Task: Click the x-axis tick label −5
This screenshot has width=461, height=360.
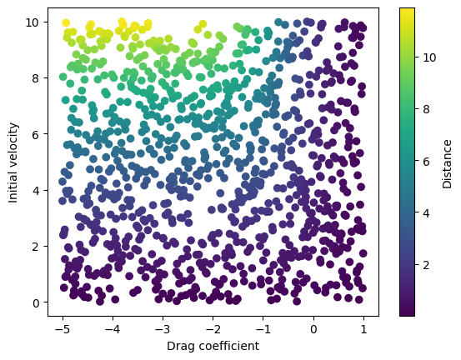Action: point(63,329)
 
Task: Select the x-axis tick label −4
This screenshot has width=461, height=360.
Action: point(113,329)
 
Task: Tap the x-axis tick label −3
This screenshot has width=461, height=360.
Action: point(163,329)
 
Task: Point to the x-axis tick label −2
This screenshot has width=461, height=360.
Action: point(213,329)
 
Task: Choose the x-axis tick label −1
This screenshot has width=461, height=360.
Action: point(263,329)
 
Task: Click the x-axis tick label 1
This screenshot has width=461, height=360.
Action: point(363,329)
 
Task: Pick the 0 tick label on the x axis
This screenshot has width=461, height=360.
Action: point(313,329)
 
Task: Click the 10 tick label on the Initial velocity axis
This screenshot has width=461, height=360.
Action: point(33,22)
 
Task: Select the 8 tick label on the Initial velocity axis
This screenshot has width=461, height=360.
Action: point(36,78)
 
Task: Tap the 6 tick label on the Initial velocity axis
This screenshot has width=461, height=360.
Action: point(36,134)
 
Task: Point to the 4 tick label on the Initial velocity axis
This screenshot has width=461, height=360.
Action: point(36,191)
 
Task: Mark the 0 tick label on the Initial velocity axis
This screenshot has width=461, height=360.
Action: point(36,302)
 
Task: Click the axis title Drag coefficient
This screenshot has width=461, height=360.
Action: point(213,346)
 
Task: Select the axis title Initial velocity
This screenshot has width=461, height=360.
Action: point(13,162)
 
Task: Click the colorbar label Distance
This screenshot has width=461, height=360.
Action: point(447,164)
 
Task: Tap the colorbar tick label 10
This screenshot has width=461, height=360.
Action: point(429,57)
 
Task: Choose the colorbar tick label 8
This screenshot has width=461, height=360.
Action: point(426,110)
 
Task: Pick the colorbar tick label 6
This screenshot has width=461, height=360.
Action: point(426,162)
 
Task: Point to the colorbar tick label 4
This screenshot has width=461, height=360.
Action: point(426,213)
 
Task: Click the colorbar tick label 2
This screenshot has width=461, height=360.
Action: point(426,266)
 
